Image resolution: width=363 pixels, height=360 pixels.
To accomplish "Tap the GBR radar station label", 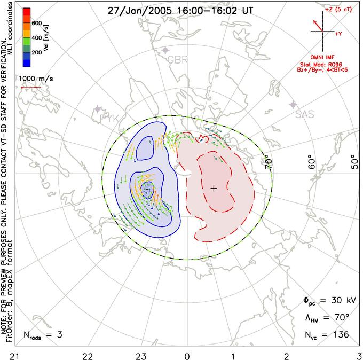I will click(177, 60).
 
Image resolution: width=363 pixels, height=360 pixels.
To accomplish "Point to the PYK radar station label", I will click(108, 118).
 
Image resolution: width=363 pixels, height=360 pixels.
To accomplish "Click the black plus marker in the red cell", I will click(214, 188).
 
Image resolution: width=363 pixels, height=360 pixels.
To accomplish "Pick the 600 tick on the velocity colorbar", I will click(37, 23).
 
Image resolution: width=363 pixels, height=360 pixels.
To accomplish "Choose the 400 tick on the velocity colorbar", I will click(37, 38).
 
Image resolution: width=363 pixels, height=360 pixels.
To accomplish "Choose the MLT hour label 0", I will click(187, 355).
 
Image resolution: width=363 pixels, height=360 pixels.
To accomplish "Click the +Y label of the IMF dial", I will click(338, 33).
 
